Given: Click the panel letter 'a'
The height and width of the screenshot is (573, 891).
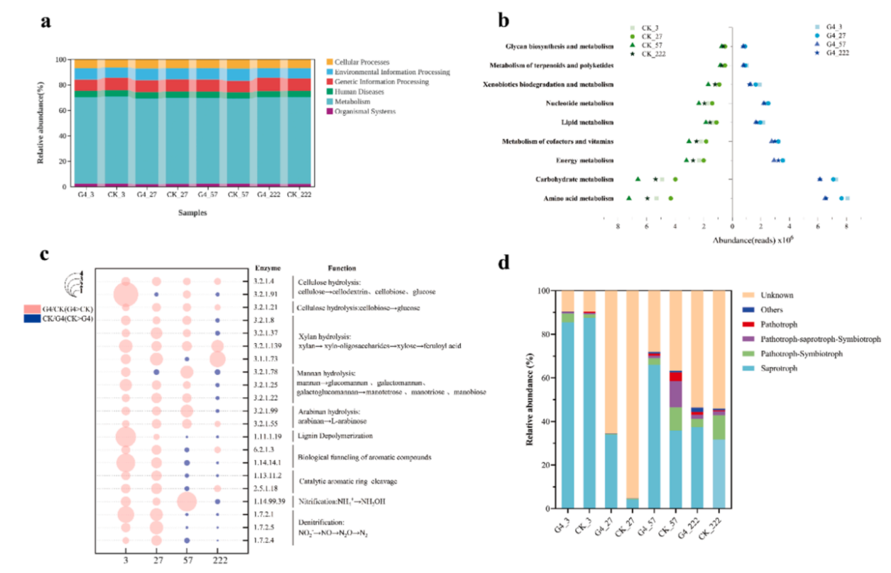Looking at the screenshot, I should pyautogui.click(x=46, y=22).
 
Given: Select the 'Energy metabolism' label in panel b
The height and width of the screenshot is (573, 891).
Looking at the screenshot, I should pyautogui.click(x=586, y=160).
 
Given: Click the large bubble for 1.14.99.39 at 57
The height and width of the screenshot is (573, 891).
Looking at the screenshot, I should pyautogui.click(x=187, y=501).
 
